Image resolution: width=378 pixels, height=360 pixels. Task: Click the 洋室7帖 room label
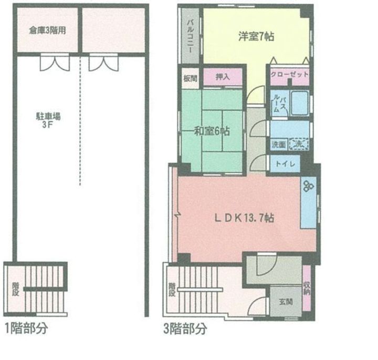(257, 37)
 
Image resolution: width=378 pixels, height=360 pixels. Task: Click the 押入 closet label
(223, 77)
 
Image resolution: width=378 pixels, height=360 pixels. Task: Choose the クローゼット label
(289, 75)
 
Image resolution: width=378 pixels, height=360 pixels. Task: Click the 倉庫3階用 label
(48, 30)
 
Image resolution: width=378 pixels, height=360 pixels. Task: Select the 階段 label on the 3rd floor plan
(172, 290)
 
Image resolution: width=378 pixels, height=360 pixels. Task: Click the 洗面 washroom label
(278, 143)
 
